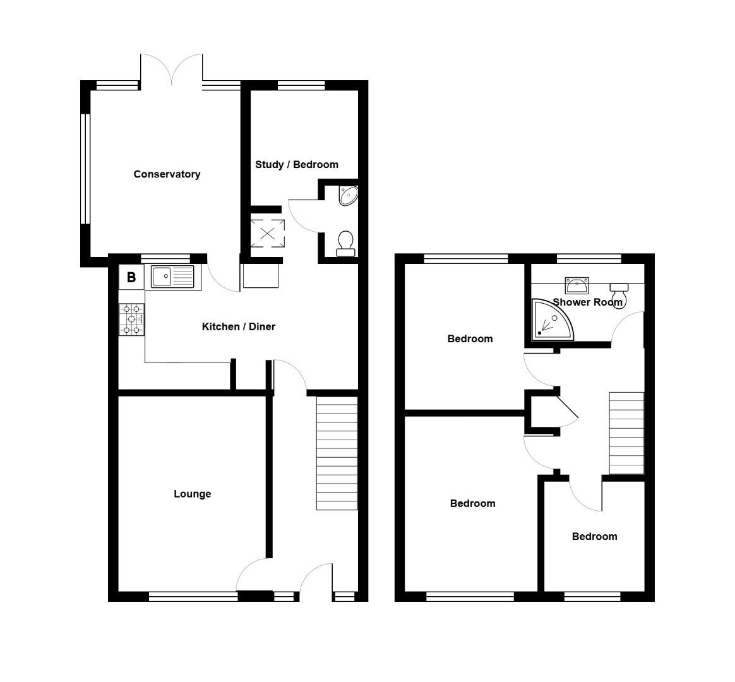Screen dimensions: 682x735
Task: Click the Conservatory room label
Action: [167, 174]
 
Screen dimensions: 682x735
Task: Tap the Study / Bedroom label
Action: [296, 165]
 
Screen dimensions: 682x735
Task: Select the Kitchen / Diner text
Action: [238, 326]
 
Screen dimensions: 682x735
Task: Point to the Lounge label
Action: [192, 494]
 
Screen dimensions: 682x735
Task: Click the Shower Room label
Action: [587, 302]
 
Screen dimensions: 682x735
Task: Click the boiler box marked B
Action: [131, 277]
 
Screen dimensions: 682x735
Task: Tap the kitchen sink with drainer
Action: [172, 277]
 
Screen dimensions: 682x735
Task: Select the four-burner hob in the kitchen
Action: [132, 320]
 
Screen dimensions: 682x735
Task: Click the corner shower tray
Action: [551, 319]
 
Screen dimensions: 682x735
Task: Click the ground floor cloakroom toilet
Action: [345, 243]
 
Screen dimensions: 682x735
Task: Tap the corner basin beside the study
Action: [348, 195]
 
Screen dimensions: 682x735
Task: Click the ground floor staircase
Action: [337, 453]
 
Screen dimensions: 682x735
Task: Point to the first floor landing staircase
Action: [626, 433]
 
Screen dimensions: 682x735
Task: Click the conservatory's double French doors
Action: [172, 70]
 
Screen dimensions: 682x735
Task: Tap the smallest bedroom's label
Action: [594, 537]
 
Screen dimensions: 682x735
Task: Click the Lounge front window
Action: [193, 595]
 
